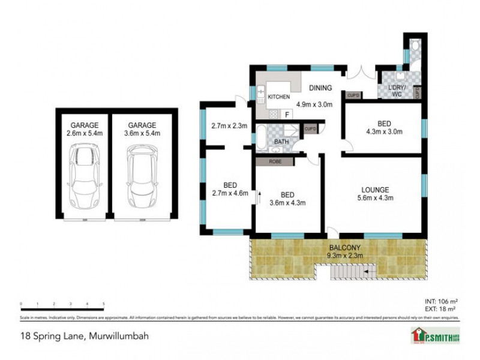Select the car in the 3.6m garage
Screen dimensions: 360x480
[141, 176]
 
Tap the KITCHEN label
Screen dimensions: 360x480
[278, 97]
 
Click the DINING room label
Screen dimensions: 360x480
[320, 88]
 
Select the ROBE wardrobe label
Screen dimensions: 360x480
[274, 160]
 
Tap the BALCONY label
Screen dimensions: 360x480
[345, 247]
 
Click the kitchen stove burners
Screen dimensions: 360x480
[273, 113]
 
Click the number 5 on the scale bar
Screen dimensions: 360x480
[104, 304]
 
